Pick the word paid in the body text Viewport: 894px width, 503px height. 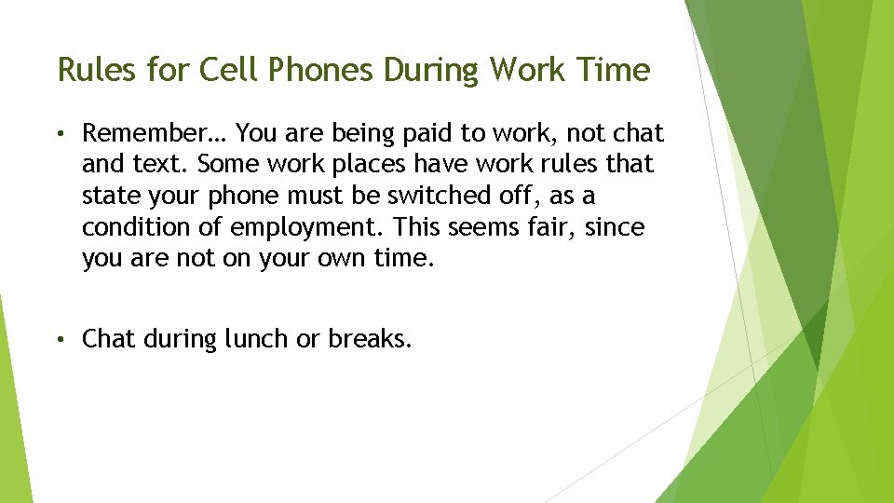click(x=432, y=133)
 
